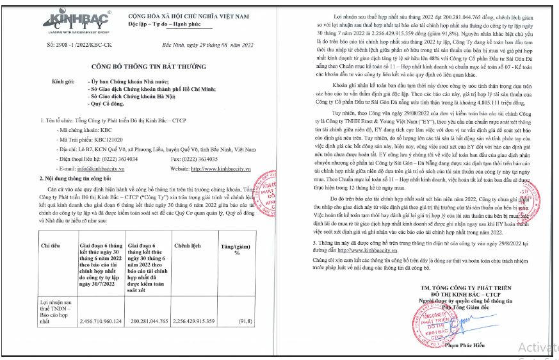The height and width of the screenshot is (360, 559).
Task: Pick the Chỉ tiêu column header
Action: [x=51, y=245]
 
